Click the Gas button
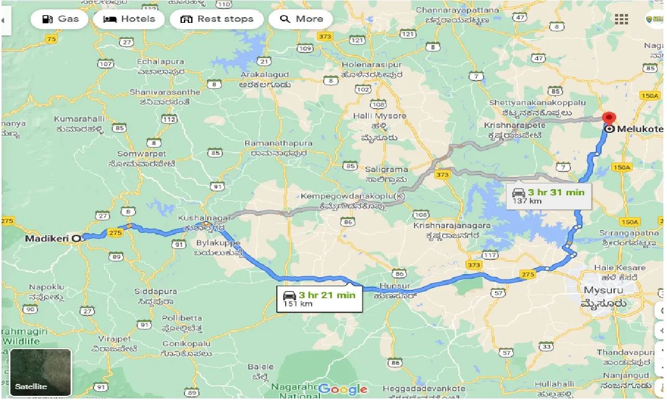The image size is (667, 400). [60, 19]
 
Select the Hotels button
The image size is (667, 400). [129, 19]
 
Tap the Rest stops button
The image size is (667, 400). [217, 19]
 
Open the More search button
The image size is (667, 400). [301, 19]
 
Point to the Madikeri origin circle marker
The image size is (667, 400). [76, 238]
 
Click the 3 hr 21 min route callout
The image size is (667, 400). [319, 299]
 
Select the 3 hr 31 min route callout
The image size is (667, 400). [549, 196]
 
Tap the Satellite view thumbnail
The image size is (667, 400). [41, 370]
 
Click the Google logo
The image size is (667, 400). [343, 389]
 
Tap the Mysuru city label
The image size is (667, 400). [605, 290]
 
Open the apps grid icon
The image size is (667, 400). [621, 19]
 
